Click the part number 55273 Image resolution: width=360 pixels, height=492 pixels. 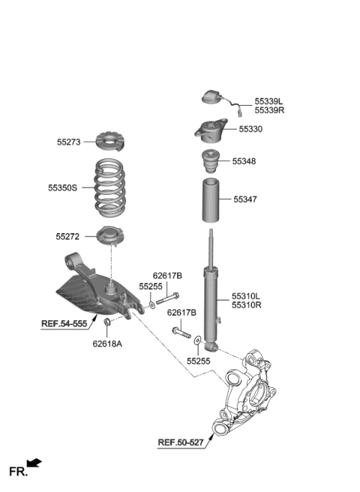(68, 140)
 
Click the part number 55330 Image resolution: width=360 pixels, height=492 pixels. (251, 129)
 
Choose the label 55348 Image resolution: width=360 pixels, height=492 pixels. (244, 161)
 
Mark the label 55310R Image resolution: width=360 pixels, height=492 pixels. (247, 306)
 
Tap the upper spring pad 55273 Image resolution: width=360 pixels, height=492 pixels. (110, 140)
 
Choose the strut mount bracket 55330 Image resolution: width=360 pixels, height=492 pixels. (212, 130)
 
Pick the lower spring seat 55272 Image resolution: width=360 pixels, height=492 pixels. (110, 237)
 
